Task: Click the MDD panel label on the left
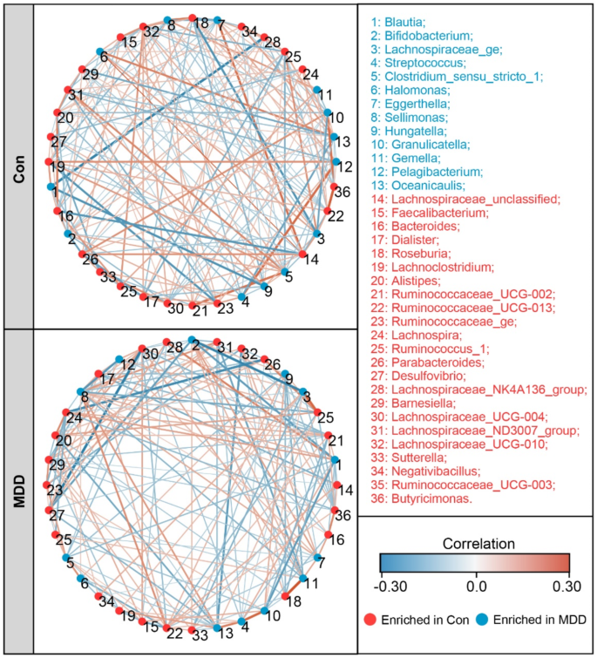pos(17,491)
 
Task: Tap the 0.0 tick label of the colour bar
pos(476,587)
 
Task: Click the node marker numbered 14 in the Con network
pos(302,254)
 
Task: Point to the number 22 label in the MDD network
pos(174,634)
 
